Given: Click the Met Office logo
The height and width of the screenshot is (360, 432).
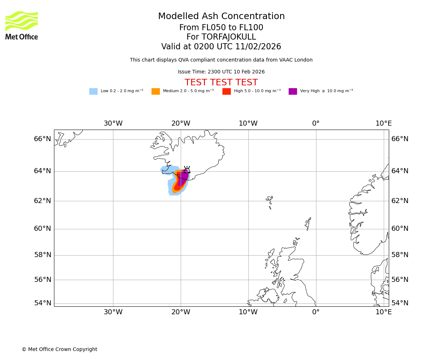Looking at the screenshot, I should click(22, 25).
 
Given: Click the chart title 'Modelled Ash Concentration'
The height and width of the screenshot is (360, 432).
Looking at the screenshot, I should click(221, 17).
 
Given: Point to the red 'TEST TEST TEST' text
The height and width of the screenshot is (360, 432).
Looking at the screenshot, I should click(221, 83).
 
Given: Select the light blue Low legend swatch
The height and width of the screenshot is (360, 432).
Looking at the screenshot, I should click(93, 91).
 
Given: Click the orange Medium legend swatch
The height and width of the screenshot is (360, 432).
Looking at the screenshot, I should click(156, 91).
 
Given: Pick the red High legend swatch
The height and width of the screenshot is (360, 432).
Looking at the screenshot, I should click(226, 91).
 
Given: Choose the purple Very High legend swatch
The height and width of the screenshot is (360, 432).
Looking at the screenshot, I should click(293, 91).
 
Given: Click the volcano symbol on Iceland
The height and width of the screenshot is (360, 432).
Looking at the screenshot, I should click(187, 170).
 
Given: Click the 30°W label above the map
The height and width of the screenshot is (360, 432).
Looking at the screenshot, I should click(113, 123).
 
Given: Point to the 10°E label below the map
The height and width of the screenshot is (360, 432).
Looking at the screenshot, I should click(383, 312).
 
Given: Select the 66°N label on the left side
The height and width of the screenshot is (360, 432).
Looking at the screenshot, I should click(42, 139).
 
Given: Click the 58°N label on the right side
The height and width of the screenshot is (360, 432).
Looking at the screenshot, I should click(400, 255).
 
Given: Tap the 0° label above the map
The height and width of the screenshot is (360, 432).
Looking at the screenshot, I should click(316, 123).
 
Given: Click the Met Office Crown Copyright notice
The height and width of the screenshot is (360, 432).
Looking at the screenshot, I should click(59, 349).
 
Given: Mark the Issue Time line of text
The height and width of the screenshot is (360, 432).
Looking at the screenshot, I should click(221, 72).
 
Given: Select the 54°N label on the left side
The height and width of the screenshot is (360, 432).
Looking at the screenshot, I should click(42, 303).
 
